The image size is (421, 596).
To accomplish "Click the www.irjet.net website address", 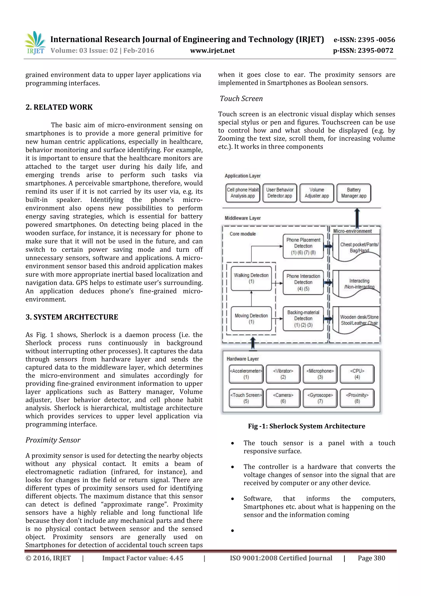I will pos(212,51).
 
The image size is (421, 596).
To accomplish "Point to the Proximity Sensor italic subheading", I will pos(53,440).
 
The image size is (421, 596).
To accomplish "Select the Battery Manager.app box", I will pos(354,193).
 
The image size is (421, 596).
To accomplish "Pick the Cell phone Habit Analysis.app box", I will pos(243,193).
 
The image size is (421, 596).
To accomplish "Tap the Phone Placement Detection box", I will pos(303,246).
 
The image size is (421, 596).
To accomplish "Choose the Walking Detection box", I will pos(251,278).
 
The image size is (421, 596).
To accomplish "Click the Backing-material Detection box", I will pos(303,318).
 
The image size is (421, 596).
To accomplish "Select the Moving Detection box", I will pos(251,318).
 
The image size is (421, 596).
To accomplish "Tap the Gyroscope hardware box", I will pos(320,398).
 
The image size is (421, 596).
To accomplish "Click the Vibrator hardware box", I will pos(283,374).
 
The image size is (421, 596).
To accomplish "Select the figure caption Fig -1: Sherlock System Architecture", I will pos(306,426).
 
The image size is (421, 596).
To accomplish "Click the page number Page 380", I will pos(371,558).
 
